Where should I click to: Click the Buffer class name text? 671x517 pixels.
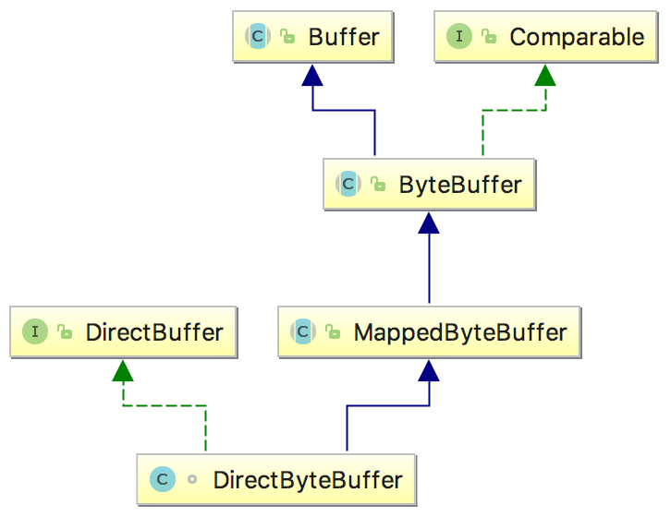tap(344, 37)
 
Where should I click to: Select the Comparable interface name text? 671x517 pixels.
tap(577, 37)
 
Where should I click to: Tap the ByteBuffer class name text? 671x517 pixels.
tap(460, 184)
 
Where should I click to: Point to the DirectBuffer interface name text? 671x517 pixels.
tap(154, 331)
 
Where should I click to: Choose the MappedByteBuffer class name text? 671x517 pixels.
tap(460, 331)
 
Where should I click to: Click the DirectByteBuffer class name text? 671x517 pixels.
tap(308, 480)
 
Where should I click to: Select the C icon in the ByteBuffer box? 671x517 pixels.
tap(348, 184)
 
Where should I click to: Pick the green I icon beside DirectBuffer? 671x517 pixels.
tap(35, 331)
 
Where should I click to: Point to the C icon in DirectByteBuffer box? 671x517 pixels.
tap(162, 480)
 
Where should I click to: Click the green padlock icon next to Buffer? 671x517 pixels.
tap(287, 38)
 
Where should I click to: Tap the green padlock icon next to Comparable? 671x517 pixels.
tap(489, 38)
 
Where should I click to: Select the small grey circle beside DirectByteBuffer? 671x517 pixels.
tap(192, 480)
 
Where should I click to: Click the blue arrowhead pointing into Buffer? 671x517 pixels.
tap(313, 75)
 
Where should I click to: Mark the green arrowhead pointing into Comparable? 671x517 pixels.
tap(545, 75)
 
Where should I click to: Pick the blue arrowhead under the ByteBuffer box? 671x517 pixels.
tap(428, 222)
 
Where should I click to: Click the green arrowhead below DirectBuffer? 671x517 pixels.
tap(123, 370)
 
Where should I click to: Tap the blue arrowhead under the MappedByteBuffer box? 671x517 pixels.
tap(428, 370)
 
